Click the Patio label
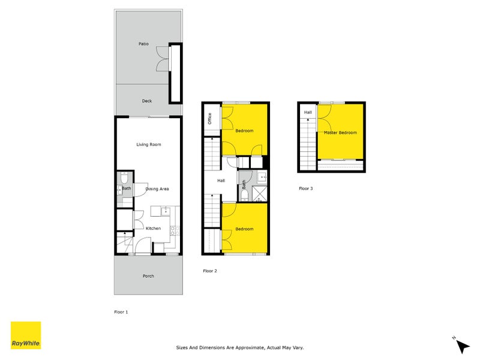click(143, 44)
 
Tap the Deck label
click(147, 101)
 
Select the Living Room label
click(149, 144)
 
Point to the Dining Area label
click(157, 189)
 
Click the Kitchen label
click(153, 228)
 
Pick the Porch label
click(148, 276)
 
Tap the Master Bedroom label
click(340, 133)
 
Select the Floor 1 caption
click(121, 312)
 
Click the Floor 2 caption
click(210, 271)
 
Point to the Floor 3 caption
click(306, 188)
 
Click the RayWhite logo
click(26, 335)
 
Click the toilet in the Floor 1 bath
click(123, 178)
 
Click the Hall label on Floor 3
click(308, 112)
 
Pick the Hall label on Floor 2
click(221, 181)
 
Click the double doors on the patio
click(161, 60)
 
